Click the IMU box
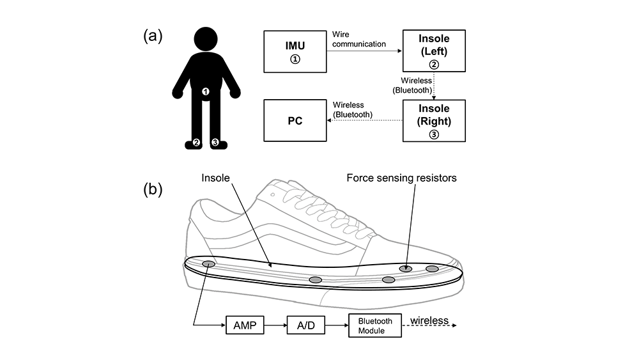coord(295,51)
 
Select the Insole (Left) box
coord(434,51)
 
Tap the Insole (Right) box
coord(434,121)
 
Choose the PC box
coord(295,120)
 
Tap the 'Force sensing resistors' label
coord(401,178)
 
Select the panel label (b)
coord(153,189)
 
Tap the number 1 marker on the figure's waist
coord(206,91)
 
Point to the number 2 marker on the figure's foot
coord(196,143)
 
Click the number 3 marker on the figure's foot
coord(215,143)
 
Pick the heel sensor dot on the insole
coord(208,264)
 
